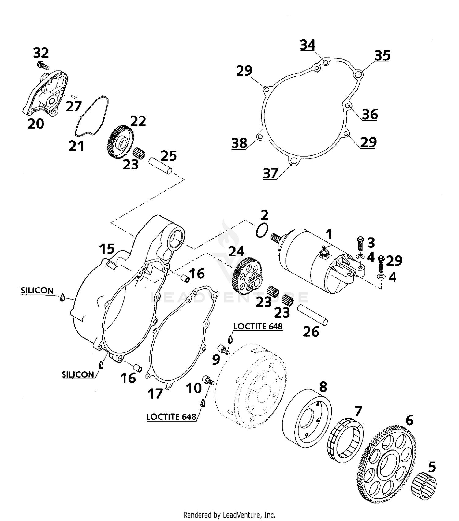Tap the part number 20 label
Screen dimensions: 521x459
(36, 124)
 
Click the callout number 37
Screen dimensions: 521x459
(270, 173)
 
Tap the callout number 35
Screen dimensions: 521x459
(382, 56)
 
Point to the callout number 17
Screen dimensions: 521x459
(155, 394)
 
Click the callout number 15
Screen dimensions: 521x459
(107, 249)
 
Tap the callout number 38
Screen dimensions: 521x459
(239, 143)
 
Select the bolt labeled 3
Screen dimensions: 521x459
(360, 244)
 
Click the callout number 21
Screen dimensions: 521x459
(76, 146)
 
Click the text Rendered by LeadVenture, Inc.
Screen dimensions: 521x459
(229, 515)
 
